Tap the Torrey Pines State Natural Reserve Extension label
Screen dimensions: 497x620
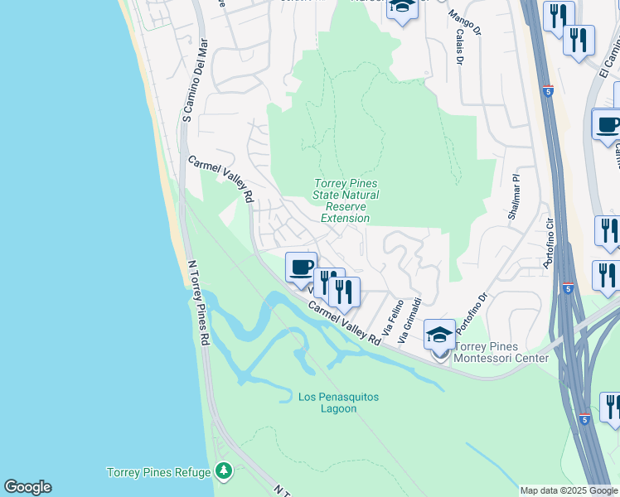coord(346,200)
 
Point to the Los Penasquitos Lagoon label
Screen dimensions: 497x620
coord(338,403)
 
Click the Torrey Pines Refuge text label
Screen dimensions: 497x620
coord(157,473)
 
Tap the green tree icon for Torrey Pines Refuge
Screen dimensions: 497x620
coord(222,471)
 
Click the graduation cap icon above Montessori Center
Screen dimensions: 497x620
coord(439,334)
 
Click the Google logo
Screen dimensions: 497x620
coord(27,487)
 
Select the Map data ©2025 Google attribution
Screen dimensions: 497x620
coord(569,490)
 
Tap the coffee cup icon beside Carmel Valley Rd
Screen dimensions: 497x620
coord(301,268)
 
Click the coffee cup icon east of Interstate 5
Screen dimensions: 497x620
coord(608,125)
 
